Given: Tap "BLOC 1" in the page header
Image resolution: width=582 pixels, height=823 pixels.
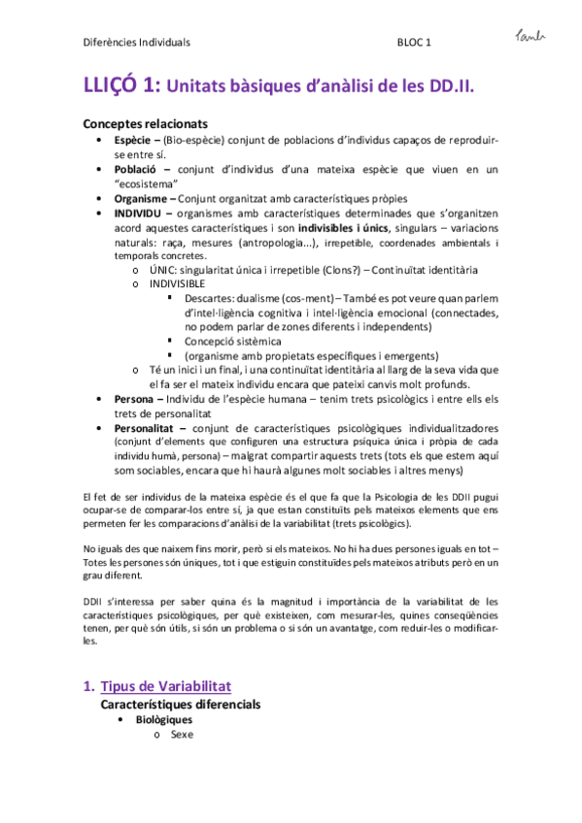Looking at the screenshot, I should point(415,43).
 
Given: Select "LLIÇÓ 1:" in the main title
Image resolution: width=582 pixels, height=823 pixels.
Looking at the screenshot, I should point(120,86).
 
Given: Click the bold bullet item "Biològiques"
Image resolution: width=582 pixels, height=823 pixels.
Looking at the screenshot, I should point(163,720).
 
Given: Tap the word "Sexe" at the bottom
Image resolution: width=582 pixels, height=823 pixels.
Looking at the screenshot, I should point(182,735).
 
